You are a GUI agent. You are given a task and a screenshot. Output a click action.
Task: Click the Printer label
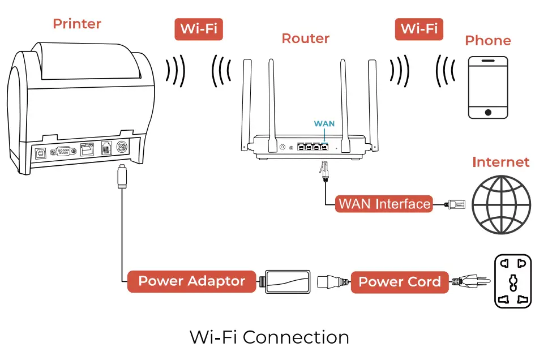[77, 24]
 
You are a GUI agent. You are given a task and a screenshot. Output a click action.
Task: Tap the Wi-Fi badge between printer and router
[198, 28]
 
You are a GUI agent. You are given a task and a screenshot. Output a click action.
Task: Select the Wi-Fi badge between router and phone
[419, 28]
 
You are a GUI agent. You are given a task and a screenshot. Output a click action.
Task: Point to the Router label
[305, 38]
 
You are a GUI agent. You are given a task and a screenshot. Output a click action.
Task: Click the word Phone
[487, 41]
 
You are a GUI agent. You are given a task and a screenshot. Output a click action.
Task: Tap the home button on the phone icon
[487, 112]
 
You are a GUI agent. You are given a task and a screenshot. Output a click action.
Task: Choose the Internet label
[500, 162]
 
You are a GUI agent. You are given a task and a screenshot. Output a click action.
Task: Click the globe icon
[502, 204]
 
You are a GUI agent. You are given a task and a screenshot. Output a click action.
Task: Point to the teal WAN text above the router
[324, 123]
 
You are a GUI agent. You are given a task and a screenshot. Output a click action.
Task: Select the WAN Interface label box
[384, 204]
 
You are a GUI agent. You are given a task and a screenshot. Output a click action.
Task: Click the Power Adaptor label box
[191, 281]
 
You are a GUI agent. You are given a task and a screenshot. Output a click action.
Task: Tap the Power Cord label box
[400, 282]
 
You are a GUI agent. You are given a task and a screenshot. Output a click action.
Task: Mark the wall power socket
[513, 281]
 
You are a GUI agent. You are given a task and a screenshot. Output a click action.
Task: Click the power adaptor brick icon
[286, 281]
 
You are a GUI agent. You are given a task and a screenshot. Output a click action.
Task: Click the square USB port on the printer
[40, 152]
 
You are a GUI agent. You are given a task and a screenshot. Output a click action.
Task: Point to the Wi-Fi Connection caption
[269, 337]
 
